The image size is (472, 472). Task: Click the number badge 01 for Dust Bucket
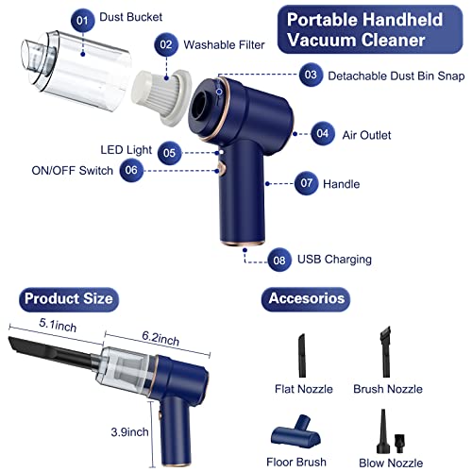click(x=82, y=21)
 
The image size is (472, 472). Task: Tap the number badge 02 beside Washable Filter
click(x=166, y=44)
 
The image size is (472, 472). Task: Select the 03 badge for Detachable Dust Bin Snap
click(x=311, y=75)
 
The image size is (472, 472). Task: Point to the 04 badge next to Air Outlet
click(x=323, y=134)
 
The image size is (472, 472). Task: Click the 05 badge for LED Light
click(x=169, y=153)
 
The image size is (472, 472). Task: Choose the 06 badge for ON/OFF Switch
click(x=131, y=170)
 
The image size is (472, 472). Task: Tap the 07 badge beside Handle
click(x=306, y=183)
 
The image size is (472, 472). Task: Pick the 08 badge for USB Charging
click(x=279, y=260)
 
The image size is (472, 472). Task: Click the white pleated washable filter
click(x=162, y=96)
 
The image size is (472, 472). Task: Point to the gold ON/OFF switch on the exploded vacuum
click(x=223, y=169)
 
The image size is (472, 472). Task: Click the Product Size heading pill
click(x=69, y=299)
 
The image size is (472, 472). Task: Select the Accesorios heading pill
click(x=306, y=298)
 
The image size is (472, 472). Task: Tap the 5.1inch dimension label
click(x=58, y=325)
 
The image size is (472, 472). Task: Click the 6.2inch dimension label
click(x=160, y=338)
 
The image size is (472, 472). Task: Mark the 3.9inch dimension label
click(x=129, y=432)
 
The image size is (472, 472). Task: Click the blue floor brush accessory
click(x=295, y=431)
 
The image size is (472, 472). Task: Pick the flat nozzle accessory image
click(x=302, y=355)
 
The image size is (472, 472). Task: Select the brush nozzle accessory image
click(x=386, y=351)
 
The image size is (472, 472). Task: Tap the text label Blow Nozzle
click(x=391, y=463)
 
